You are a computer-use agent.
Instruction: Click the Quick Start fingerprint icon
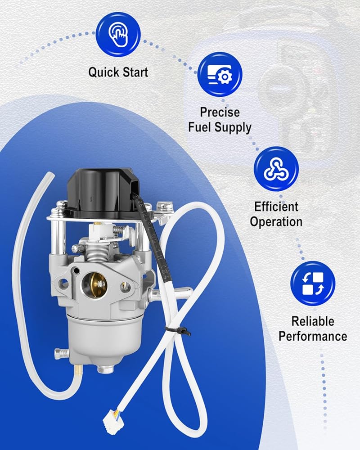[x=118, y=34]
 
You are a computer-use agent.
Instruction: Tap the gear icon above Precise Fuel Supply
[x=220, y=74]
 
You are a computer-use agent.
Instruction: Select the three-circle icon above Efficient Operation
[x=276, y=169]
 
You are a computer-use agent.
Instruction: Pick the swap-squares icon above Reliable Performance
[x=313, y=283]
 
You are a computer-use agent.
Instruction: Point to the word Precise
[x=220, y=112]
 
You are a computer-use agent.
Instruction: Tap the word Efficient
[x=276, y=207]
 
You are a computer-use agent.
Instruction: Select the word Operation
[x=276, y=222]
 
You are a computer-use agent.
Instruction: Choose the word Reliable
[x=313, y=321]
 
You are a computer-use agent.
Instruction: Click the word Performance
[x=313, y=336]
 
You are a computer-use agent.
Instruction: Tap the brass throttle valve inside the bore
[x=94, y=284]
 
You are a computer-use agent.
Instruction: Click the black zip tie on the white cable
[x=178, y=330]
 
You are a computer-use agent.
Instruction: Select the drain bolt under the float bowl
[x=105, y=369]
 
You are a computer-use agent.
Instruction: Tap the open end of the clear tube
[x=50, y=175]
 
